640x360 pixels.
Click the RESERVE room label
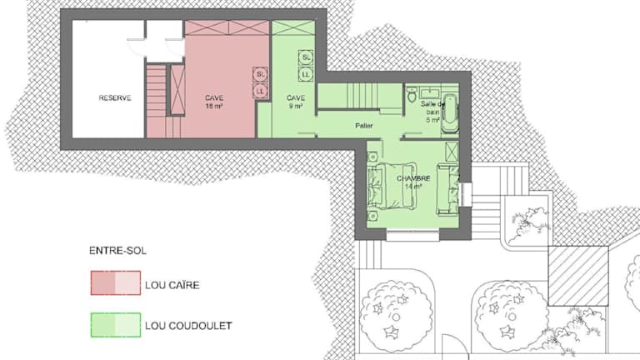point(115,98)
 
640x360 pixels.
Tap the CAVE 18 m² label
point(214,102)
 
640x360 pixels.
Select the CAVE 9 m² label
point(296,102)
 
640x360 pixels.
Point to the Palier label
point(363,126)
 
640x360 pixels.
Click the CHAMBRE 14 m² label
point(413,182)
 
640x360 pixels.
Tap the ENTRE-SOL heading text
point(117,251)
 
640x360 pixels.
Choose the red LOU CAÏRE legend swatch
point(116,282)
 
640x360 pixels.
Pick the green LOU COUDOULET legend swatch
point(116,325)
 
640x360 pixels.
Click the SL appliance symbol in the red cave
point(260,75)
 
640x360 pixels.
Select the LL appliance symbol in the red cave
point(260,91)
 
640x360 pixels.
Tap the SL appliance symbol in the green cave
point(306,57)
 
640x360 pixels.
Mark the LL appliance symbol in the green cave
point(306,74)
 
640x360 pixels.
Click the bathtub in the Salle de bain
point(449,113)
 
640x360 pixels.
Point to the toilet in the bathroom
point(412,94)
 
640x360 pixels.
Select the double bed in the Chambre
point(392,186)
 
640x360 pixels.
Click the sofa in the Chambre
point(447,188)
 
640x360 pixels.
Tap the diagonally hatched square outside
point(578,276)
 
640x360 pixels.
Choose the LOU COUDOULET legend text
point(188,326)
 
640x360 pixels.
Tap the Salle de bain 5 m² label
point(432,112)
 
